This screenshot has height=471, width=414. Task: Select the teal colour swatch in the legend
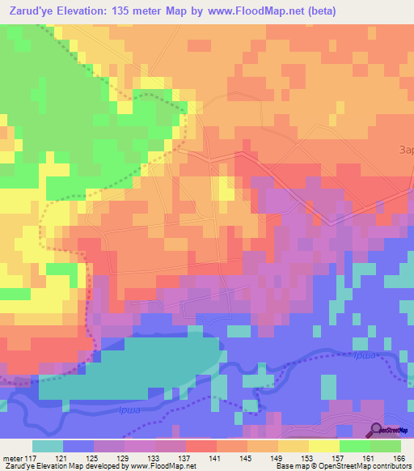[x=48, y=446]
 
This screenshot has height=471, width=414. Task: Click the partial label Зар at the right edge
[x=406, y=149]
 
